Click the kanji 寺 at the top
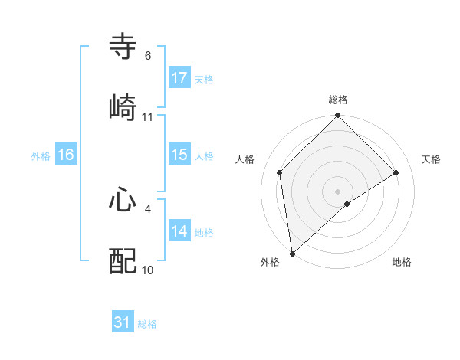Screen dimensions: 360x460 (123, 47)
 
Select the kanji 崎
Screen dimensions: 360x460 (123, 107)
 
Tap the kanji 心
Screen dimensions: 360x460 (123, 200)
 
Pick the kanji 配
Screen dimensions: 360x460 (123, 260)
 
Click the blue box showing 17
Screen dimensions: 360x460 (179, 77)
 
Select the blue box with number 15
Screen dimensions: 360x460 (179, 155)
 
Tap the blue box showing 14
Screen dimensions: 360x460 (179, 231)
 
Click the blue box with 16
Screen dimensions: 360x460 (66, 155)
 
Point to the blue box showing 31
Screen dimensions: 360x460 (123, 322)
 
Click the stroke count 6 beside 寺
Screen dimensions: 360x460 (147, 56)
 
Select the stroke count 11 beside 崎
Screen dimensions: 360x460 (147, 116)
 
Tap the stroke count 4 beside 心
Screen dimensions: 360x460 (147, 208)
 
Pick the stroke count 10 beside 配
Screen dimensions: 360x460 (147, 270)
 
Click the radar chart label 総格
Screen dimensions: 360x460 (338, 100)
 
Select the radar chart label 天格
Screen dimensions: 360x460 (432, 159)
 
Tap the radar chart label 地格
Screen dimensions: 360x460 (402, 262)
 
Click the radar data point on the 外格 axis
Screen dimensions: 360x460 (292, 253)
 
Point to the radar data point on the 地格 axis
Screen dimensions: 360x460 (347, 204)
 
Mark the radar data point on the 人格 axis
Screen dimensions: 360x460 (280, 172)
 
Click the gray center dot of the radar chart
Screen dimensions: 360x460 (338, 191)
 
